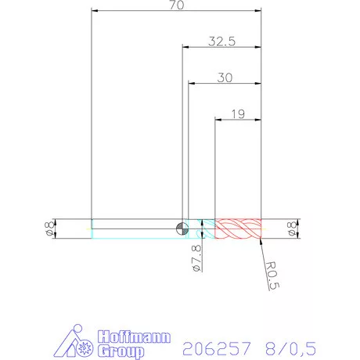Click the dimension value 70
pyautogui.click(x=176, y=5)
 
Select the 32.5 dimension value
pyautogui.click(x=222, y=41)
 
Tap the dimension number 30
pyautogui.click(x=225, y=77)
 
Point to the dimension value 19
pyautogui.click(x=239, y=113)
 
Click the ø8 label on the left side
pyautogui.click(x=49, y=228)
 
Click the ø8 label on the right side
pyautogui.click(x=293, y=228)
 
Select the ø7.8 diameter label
pyautogui.click(x=196, y=257)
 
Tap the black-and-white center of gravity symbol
pyautogui.click(x=182, y=228)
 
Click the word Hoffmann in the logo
pyautogui.click(x=130, y=337)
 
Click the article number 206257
pyautogui.click(x=214, y=346)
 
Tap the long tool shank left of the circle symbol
pyautogui.click(x=133, y=228)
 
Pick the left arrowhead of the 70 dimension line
pyautogui.click(x=95, y=11)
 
